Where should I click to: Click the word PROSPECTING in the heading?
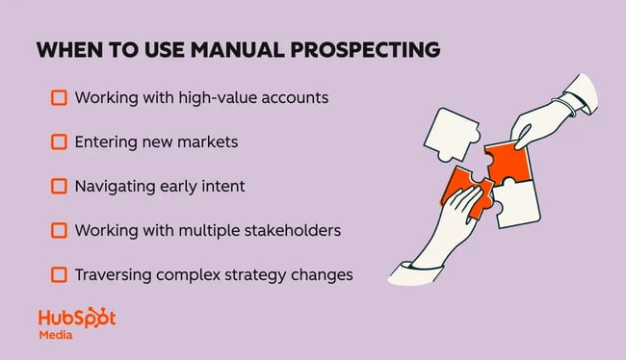[x=365, y=50]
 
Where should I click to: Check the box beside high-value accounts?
[x=59, y=98]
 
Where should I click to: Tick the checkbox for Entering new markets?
[x=59, y=142]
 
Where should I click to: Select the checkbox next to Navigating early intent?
[x=59, y=187]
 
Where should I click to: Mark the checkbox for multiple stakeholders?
[x=59, y=231]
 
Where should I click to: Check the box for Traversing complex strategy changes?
[x=59, y=275]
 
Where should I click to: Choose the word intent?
[x=222, y=187]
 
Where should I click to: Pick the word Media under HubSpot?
[x=55, y=336]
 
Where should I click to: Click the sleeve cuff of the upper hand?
[x=580, y=93]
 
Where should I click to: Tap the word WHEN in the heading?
[x=64, y=50]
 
